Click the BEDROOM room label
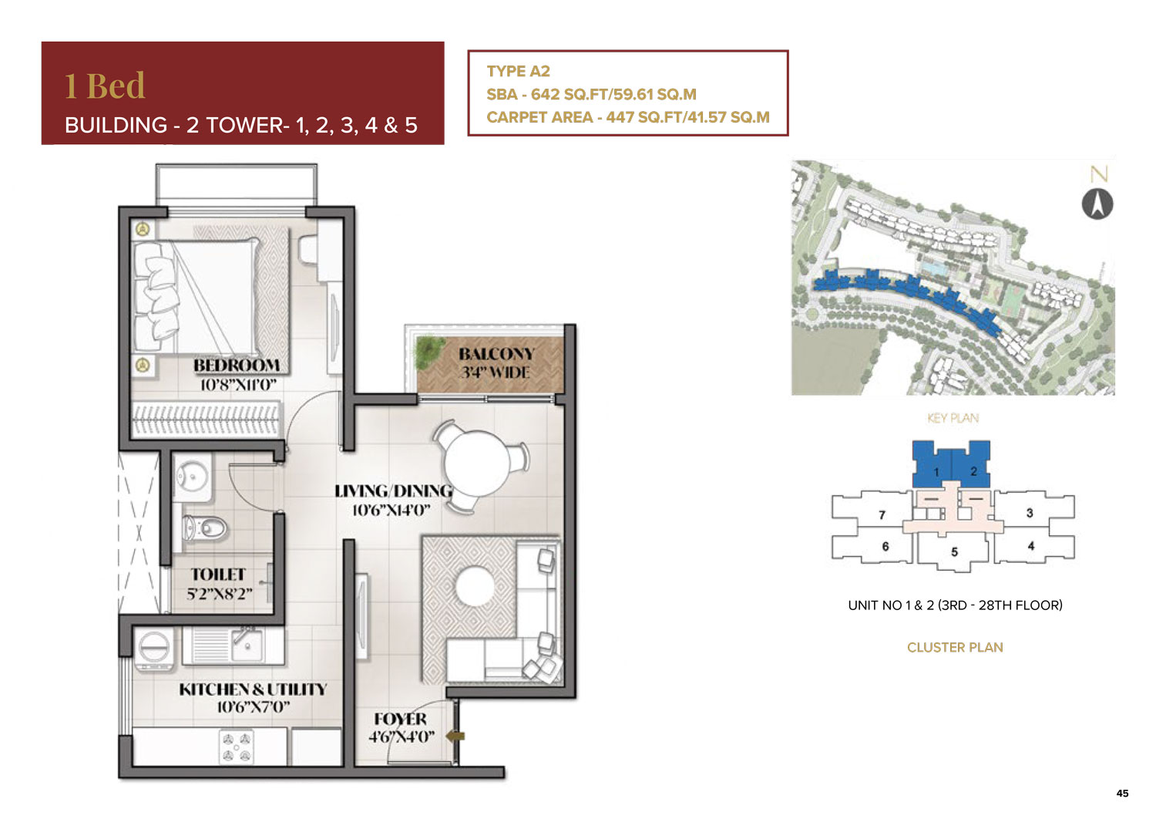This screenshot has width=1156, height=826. point(237,366)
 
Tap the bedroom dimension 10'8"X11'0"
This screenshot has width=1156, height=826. point(238,385)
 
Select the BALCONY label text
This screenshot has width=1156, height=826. point(496,354)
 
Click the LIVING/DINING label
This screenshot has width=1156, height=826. point(393,491)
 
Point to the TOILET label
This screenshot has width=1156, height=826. point(218,575)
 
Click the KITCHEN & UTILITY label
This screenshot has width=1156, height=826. point(253,689)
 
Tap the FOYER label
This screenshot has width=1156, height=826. point(401,719)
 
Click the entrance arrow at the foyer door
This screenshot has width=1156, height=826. point(455,737)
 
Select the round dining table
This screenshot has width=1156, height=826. point(477,463)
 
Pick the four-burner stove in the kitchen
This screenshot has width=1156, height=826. point(237,747)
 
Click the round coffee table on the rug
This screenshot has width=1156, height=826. point(476,587)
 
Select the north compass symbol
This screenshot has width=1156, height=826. point(1097,204)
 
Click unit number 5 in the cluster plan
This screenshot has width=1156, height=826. point(954,551)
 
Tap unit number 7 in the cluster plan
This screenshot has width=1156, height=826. point(882,514)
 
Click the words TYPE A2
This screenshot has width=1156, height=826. point(518,71)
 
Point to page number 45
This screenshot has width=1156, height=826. point(1122,793)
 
